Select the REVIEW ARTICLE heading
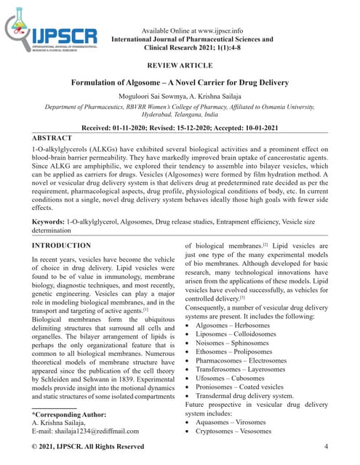pyautogui.click(x=179, y=65)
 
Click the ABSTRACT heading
pyautogui.click(x=52, y=137)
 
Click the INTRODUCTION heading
pyautogui.click(x=62, y=246)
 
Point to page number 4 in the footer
pyautogui.click(x=326, y=445)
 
